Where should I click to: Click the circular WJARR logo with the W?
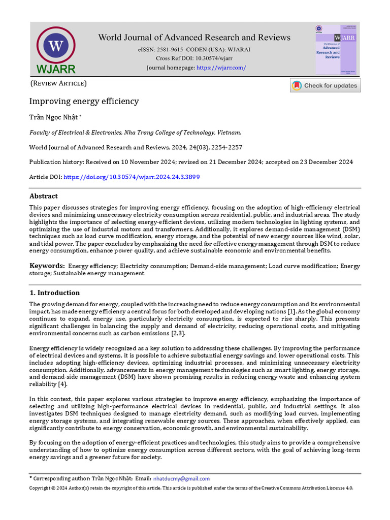click(56, 46)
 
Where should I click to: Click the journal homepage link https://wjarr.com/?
click(221, 68)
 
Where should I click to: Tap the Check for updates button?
click(325, 85)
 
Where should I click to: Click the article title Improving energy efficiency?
click(84, 101)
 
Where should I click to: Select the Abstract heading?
click(44, 196)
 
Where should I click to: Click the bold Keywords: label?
click(47, 266)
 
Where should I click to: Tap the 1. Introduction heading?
click(54, 292)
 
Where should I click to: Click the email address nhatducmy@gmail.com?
click(181, 478)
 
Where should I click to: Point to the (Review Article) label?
click(58, 83)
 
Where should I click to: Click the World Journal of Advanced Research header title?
click(194, 37)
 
